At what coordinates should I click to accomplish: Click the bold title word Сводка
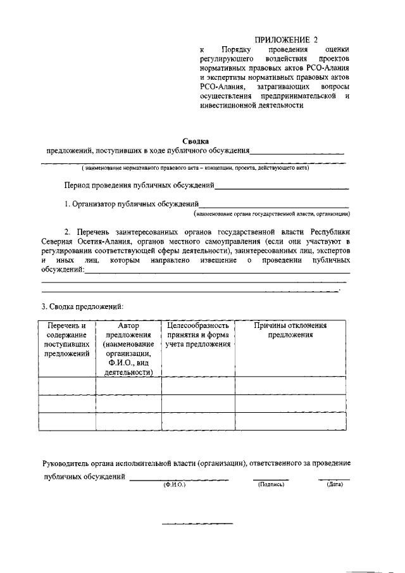coord(195,142)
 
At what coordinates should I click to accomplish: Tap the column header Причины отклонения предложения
coord(290,330)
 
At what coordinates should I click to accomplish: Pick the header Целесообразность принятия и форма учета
coord(197,334)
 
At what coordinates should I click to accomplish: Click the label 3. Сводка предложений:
coord(82,306)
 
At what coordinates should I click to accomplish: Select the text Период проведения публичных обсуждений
coord(139,187)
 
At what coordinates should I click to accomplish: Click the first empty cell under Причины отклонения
coord(290,385)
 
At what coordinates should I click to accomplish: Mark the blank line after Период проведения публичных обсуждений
coord(282,188)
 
